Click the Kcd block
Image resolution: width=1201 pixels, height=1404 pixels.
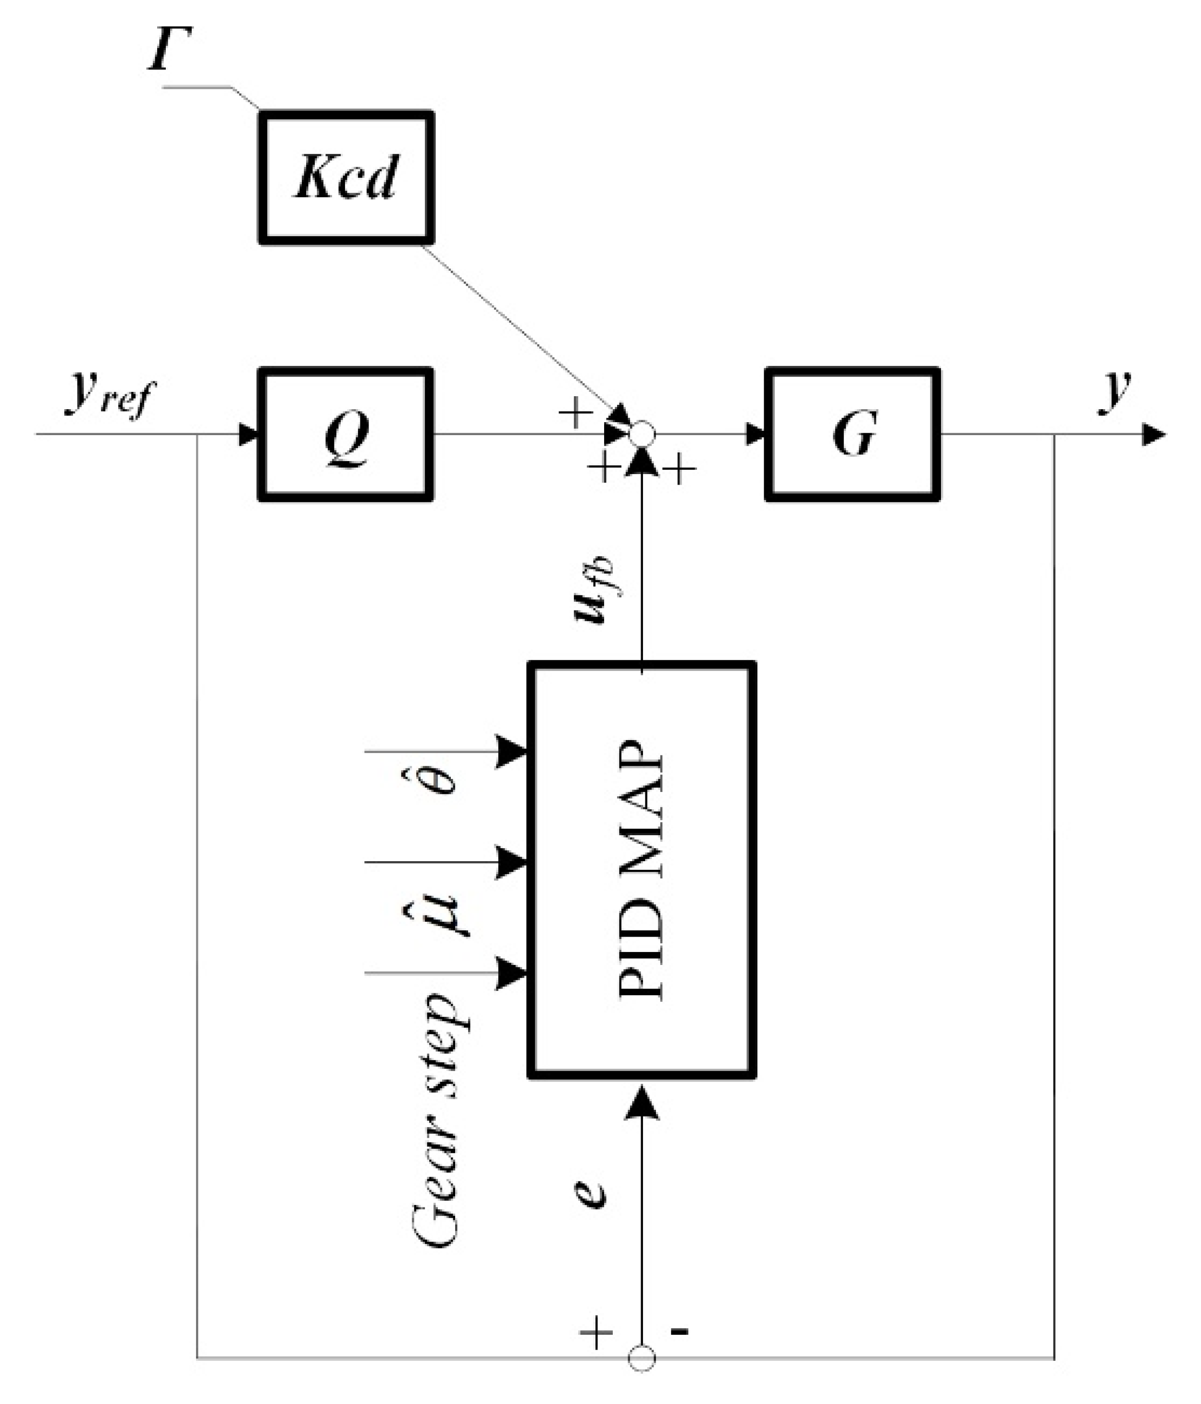click(346, 177)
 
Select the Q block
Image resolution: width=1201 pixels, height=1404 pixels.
click(346, 434)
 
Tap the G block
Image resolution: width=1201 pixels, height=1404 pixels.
click(852, 434)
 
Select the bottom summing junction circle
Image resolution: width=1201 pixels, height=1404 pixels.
click(642, 1357)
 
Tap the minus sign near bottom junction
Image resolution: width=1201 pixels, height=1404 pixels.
click(680, 1330)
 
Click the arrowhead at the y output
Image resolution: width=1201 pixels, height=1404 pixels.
click(1153, 434)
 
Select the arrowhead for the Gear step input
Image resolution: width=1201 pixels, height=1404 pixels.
click(512, 974)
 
